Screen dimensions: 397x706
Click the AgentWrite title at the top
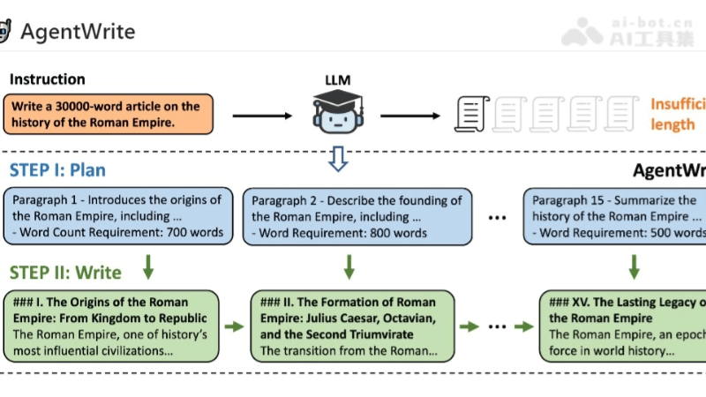[78, 33]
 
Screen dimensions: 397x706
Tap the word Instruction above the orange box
[48, 79]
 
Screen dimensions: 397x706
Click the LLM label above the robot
[338, 81]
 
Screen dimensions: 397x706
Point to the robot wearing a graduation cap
[338, 112]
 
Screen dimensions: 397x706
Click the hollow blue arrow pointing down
[338, 159]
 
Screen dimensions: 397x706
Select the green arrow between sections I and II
[235, 326]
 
